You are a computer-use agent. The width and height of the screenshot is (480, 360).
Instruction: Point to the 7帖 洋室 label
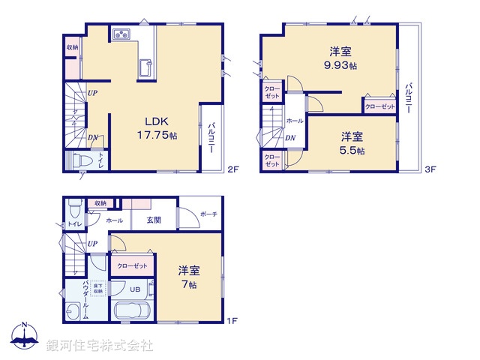(187, 277)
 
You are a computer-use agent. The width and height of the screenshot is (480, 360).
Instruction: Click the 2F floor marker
(232, 170)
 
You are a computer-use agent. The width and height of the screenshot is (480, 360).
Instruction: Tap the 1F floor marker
(232, 321)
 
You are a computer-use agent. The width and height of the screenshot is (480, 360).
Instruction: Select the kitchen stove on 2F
(122, 34)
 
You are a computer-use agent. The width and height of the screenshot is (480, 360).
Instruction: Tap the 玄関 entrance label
(154, 220)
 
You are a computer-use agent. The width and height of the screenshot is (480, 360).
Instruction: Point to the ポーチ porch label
(208, 214)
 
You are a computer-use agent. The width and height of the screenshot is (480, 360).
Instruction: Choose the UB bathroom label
(136, 289)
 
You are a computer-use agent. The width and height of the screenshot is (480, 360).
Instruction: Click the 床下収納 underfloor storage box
(99, 287)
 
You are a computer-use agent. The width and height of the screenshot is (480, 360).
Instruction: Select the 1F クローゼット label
(133, 265)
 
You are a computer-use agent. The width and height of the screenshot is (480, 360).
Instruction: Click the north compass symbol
(25, 337)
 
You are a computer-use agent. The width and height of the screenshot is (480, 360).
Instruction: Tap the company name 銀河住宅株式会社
(100, 346)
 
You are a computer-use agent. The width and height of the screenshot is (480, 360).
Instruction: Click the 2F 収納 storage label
(72, 47)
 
